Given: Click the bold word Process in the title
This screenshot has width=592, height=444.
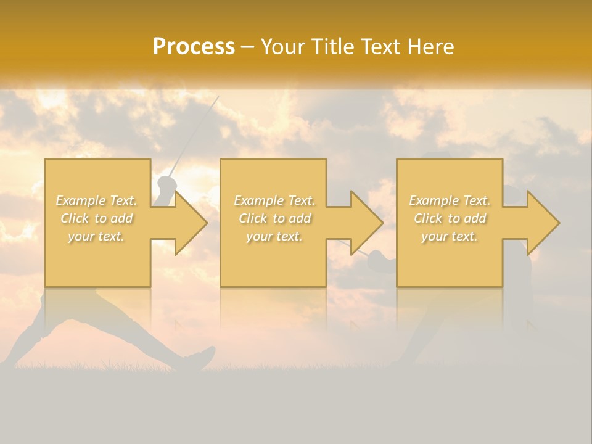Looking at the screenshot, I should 194,47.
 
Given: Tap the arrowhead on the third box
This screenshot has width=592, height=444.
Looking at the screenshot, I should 542,223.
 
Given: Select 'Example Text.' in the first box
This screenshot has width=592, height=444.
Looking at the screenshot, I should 96,200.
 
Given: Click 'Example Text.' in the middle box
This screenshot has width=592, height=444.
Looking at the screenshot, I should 274,200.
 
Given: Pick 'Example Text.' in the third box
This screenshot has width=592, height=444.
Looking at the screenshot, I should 450,200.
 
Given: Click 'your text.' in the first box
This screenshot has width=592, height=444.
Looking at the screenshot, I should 96,236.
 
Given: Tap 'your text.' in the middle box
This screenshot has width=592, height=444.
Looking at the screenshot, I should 274,236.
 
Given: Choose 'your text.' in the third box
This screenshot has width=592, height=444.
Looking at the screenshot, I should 450,236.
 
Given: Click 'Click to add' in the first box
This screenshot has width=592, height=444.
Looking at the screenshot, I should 96,218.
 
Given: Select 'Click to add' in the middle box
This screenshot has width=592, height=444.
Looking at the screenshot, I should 274,218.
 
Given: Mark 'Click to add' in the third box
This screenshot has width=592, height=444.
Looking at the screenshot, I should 450,218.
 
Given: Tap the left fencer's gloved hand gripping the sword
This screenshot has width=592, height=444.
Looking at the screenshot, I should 166,184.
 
